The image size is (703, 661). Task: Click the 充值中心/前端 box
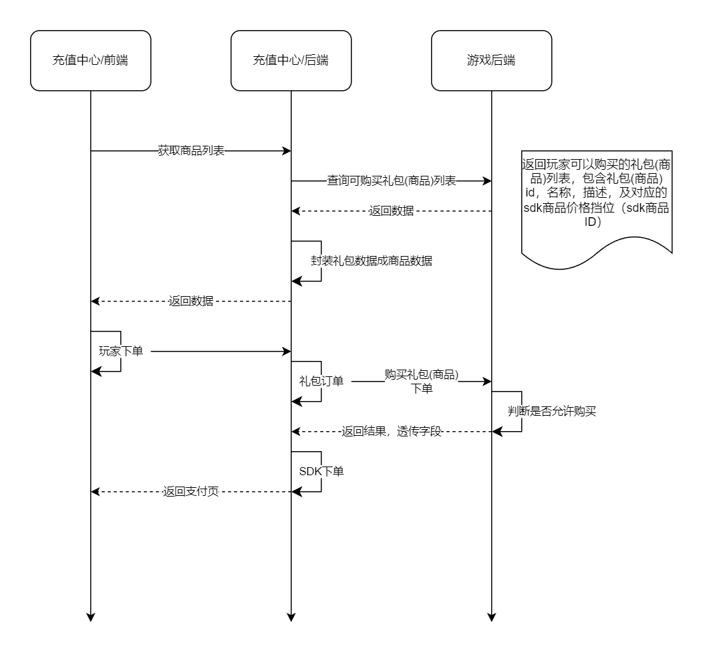click(x=90, y=60)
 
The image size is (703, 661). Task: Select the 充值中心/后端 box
click(x=291, y=60)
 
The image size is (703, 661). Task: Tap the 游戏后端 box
click(x=491, y=60)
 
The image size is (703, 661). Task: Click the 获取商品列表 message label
click(x=191, y=151)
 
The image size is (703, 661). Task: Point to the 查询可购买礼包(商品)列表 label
click(x=391, y=181)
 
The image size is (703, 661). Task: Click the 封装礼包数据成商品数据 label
click(x=372, y=261)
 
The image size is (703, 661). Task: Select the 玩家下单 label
click(x=121, y=351)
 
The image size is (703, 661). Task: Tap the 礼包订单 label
click(x=321, y=381)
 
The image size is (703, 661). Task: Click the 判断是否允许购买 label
click(x=551, y=412)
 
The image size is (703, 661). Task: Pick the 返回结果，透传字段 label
click(x=392, y=432)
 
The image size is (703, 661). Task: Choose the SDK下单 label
click(x=321, y=471)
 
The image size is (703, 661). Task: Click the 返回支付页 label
click(x=191, y=492)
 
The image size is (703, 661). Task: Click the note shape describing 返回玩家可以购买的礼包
click(x=597, y=201)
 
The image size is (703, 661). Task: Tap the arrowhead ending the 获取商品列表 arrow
click(x=287, y=151)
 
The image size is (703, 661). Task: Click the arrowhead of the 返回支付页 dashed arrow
click(x=95, y=492)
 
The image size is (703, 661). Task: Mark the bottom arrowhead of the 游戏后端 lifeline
click(x=491, y=617)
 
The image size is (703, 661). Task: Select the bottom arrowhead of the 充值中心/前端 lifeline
click(x=90, y=617)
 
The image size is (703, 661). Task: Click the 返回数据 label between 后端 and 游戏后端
click(x=391, y=211)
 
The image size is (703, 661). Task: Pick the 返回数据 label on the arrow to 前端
click(x=191, y=301)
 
